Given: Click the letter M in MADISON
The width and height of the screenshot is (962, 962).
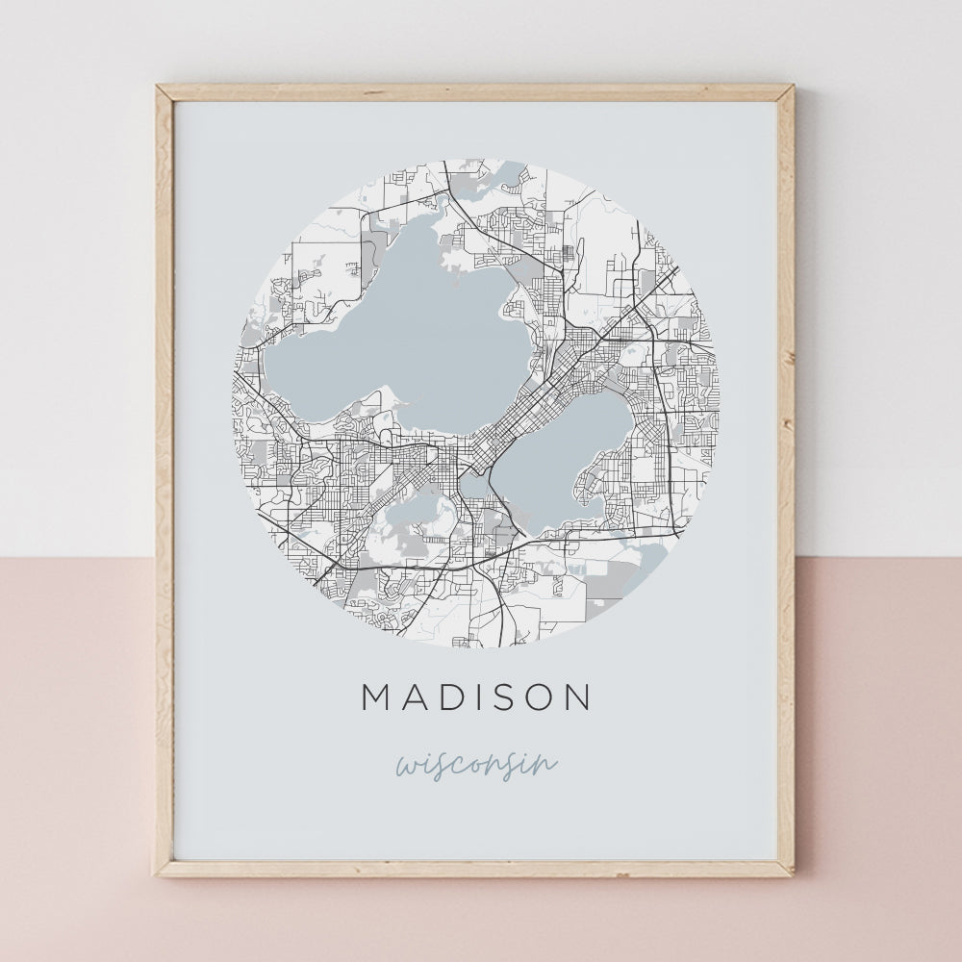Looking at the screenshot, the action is point(376,697).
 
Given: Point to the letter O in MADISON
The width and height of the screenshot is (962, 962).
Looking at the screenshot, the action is point(542,697).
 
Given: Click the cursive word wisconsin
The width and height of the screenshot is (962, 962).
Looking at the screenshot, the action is point(476,765).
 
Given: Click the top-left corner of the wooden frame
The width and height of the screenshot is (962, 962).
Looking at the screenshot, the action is point(159,88).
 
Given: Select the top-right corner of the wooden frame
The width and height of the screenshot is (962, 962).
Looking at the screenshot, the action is point(791,88).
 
